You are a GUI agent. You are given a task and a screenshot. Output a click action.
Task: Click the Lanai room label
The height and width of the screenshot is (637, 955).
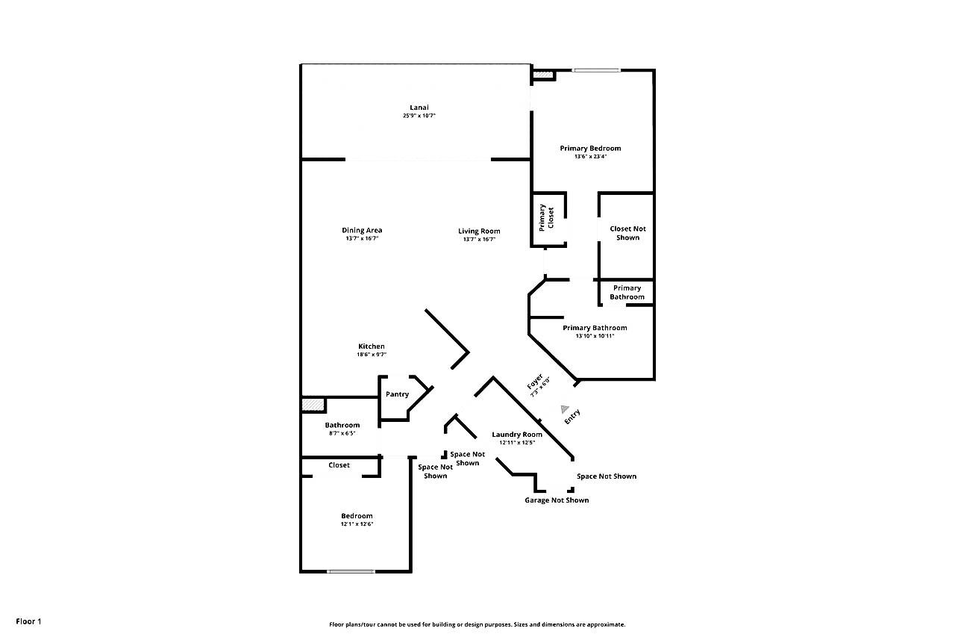click(419, 108)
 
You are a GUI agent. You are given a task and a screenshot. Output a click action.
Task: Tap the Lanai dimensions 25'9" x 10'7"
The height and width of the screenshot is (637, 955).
click(419, 116)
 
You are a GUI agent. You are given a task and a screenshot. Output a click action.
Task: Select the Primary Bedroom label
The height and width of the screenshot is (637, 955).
click(590, 149)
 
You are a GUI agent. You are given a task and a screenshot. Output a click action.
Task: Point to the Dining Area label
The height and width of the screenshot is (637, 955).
click(362, 231)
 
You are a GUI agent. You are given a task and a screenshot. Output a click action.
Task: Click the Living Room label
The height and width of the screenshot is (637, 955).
click(479, 232)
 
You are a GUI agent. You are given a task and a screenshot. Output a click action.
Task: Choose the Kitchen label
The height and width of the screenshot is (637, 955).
click(372, 347)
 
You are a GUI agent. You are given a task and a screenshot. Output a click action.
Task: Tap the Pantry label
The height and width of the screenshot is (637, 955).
click(398, 394)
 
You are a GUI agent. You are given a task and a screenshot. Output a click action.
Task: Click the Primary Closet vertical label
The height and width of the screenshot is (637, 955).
click(546, 218)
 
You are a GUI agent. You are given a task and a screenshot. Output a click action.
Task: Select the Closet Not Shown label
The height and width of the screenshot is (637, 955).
click(627, 234)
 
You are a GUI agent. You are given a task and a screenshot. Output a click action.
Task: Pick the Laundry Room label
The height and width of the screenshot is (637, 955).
click(517, 435)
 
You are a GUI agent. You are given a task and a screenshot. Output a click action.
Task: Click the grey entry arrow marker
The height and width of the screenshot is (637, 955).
click(565, 409)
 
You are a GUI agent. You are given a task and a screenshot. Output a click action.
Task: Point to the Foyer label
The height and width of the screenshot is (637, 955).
click(535, 382)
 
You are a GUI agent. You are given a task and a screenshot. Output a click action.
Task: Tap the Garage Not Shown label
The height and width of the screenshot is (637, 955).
click(557, 500)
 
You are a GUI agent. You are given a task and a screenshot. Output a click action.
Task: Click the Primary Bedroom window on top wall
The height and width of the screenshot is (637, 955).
click(596, 70)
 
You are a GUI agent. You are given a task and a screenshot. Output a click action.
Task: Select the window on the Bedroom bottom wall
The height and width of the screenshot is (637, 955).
click(351, 571)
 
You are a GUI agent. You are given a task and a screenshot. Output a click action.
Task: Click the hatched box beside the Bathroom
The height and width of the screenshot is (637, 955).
click(313, 405)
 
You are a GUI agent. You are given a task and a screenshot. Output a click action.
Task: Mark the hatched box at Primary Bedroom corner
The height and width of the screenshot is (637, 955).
click(543, 75)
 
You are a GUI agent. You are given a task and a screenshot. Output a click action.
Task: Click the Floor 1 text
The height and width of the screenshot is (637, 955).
click(28, 621)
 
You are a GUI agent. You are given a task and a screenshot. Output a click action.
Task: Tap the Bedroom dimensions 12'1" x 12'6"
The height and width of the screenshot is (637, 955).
click(357, 524)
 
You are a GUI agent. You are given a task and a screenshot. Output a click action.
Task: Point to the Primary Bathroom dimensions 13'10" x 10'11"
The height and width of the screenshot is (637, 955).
click(595, 336)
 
